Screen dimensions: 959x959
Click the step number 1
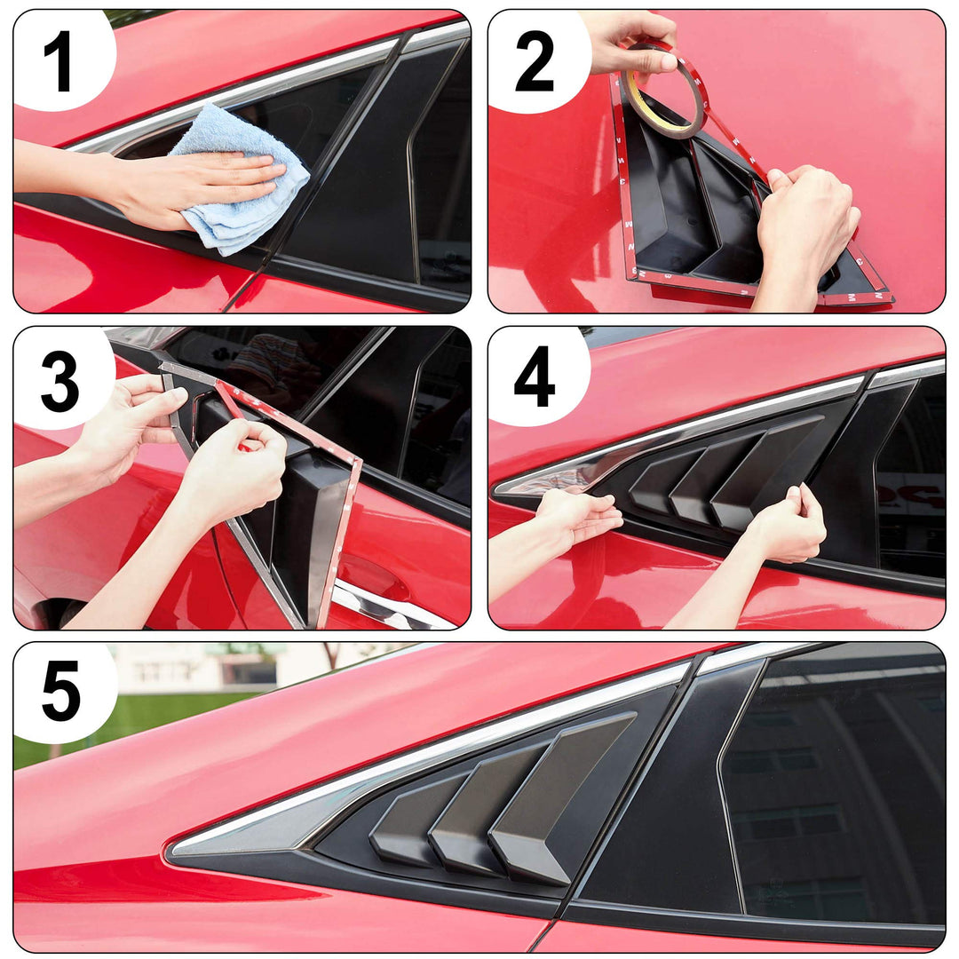59,62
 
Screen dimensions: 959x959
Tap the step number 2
535,61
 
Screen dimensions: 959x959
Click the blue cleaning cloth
241,179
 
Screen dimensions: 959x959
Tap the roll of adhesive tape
664,91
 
